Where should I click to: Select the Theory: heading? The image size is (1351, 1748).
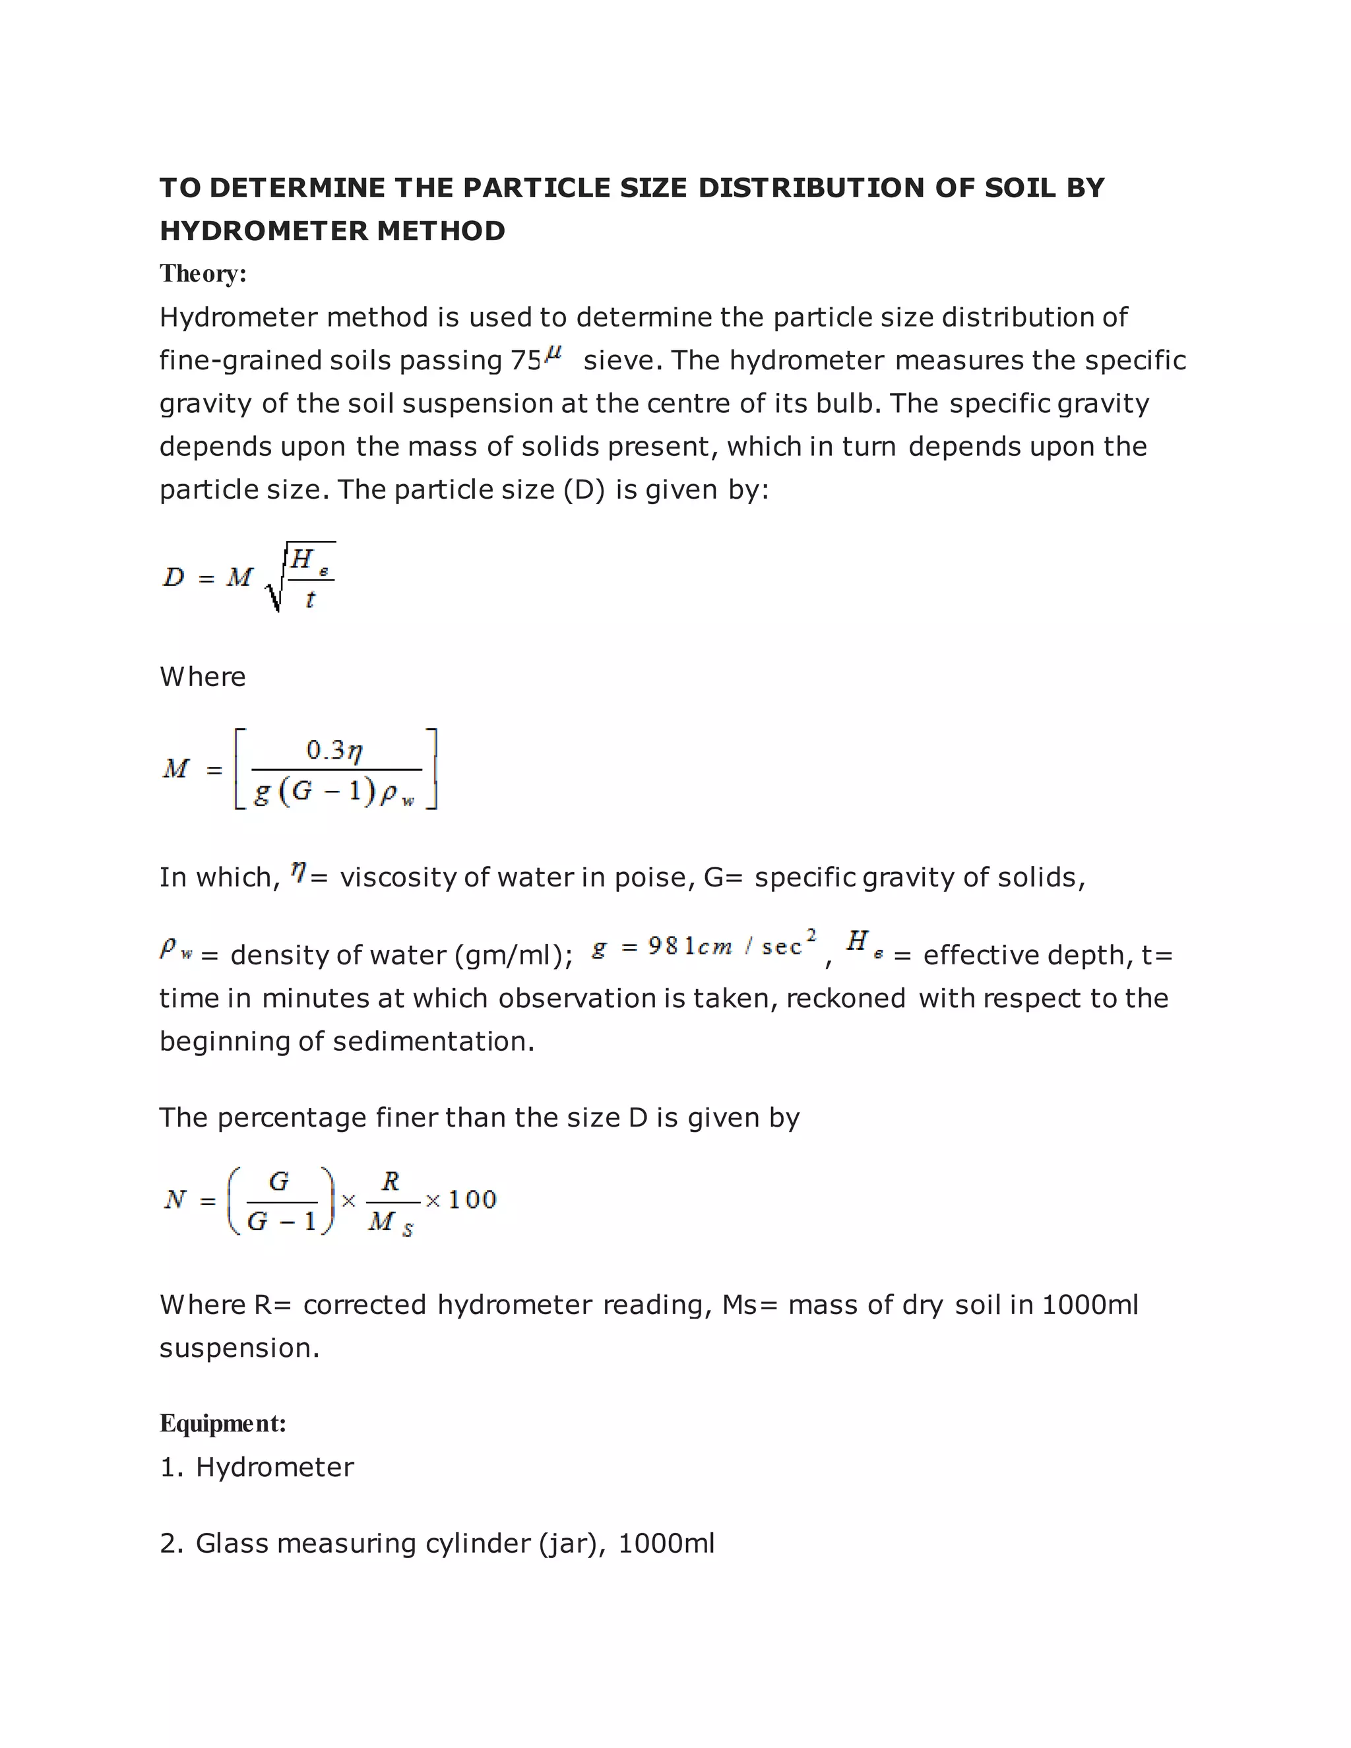[x=203, y=274]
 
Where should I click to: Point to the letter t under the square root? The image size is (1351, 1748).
[x=310, y=599]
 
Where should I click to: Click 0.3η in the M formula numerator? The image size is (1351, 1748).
[x=334, y=750]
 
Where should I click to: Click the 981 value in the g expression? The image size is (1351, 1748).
[x=664, y=946]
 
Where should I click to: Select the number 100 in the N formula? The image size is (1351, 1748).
[x=472, y=1199]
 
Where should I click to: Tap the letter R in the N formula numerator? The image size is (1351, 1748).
[x=391, y=1181]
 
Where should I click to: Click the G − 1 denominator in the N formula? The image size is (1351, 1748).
[x=282, y=1222]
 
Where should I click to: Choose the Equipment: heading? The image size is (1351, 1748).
[x=222, y=1423]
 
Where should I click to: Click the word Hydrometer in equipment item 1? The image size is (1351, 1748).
[x=274, y=1467]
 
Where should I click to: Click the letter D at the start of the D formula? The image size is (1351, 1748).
[x=173, y=577]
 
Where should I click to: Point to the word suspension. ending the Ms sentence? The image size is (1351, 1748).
[x=239, y=1348]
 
